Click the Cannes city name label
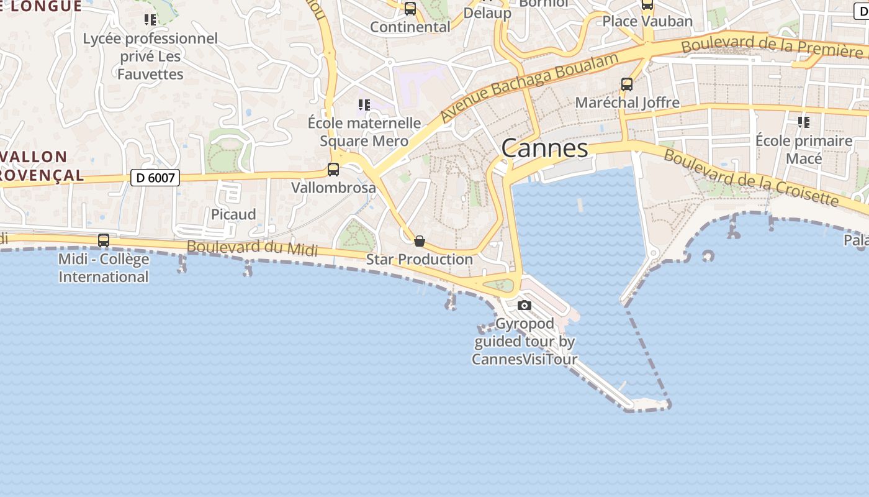click(x=544, y=148)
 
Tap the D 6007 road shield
click(x=155, y=178)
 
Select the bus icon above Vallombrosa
click(x=333, y=170)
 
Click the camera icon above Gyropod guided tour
click(x=525, y=305)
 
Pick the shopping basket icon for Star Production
click(x=420, y=241)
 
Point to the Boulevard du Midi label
click(x=252, y=248)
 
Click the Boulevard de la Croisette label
click(x=751, y=177)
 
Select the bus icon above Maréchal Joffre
click(x=627, y=84)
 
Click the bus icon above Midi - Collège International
click(x=104, y=240)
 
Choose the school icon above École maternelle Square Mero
click(x=364, y=105)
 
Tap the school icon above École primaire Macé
click(x=804, y=122)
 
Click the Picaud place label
click(x=233, y=214)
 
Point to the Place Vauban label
click(x=647, y=21)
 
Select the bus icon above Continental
click(x=410, y=9)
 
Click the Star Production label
click(x=419, y=259)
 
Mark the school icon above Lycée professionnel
click(x=150, y=20)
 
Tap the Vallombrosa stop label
click(x=333, y=188)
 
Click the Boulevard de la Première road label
click(x=772, y=45)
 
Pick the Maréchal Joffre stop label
click(x=627, y=103)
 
